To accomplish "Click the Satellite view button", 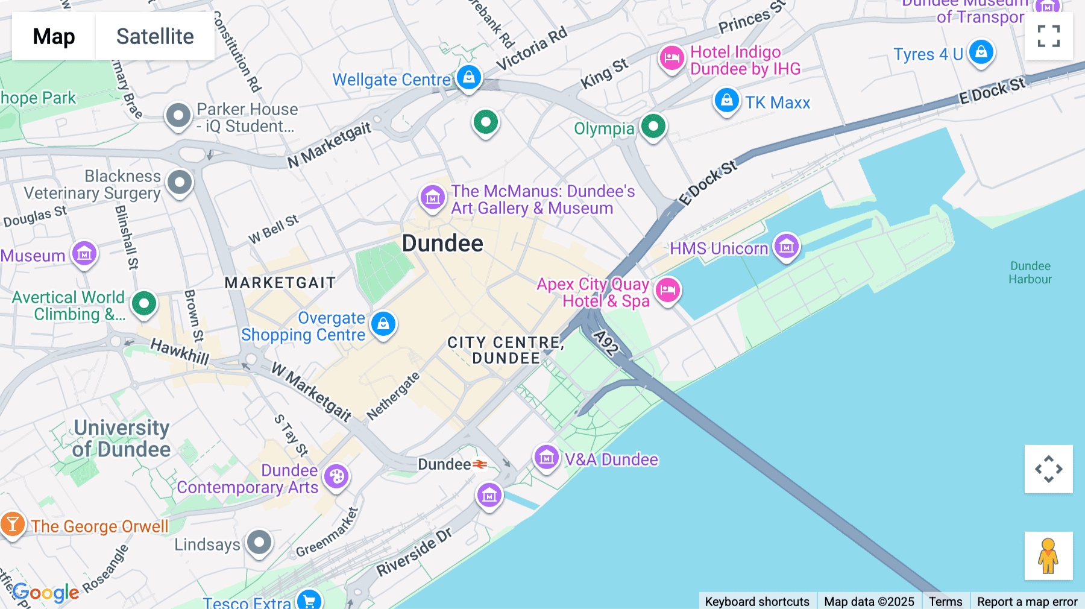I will click(155, 37).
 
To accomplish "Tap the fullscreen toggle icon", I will click(1048, 36).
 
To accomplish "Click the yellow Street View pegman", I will click(1048, 556).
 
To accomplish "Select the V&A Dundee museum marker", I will click(546, 458).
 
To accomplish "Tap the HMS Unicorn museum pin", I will click(786, 247).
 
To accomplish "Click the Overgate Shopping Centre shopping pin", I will click(383, 324).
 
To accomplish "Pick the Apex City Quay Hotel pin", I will click(667, 291).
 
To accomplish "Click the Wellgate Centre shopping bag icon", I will click(468, 78).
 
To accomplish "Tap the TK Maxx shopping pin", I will click(726, 101).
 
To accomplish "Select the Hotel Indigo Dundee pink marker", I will click(671, 58).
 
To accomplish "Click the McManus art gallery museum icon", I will click(432, 198).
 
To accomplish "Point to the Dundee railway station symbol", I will click(480, 464).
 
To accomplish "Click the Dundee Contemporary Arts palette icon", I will click(336, 477).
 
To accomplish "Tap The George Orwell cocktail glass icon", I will click(12, 525).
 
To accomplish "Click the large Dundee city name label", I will click(442, 244).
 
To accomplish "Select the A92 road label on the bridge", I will click(606, 342).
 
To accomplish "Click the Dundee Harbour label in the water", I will click(1030, 273).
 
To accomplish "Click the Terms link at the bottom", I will click(945, 601).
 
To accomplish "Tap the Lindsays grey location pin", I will click(259, 543).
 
